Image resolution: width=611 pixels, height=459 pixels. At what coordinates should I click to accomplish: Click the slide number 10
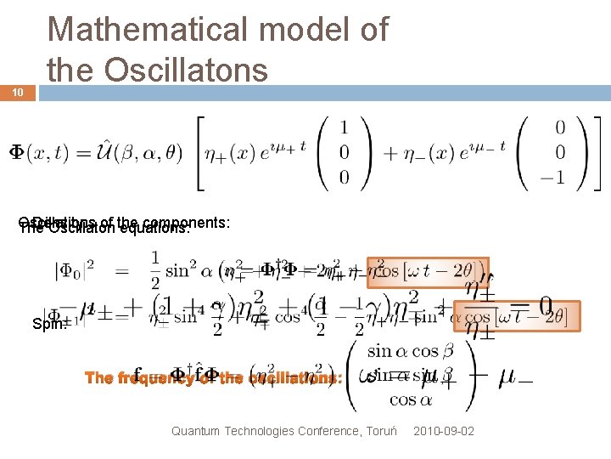(x=18, y=93)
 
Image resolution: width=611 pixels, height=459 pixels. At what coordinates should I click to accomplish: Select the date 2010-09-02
(x=444, y=431)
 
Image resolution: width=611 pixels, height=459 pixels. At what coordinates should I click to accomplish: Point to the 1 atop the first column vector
(x=343, y=127)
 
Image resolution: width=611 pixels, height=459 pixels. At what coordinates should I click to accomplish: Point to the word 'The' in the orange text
(x=98, y=378)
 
